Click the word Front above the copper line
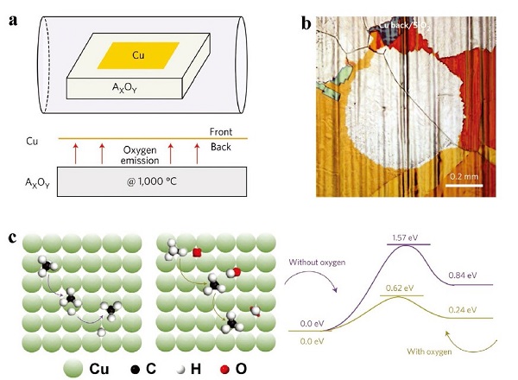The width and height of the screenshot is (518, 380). coord(222,130)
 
